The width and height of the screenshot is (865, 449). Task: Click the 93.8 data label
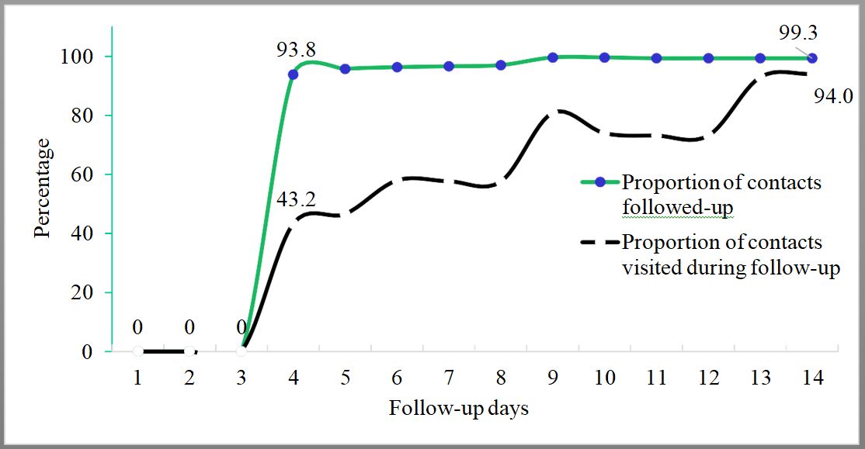(296, 50)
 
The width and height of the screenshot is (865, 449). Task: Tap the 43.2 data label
(296, 200)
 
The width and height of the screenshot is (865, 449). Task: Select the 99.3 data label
(797, 33)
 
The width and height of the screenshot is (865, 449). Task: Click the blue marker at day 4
(293, 74)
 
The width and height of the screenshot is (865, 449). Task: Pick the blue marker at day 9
(553, 57)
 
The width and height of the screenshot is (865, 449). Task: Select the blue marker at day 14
(812, 58)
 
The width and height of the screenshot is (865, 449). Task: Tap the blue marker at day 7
(449, 67)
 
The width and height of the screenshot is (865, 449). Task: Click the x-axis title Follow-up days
(458, 409)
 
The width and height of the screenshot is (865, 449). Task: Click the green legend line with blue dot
(599, 183)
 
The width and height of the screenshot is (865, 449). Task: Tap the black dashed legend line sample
(599, 243)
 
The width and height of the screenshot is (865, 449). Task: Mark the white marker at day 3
(241, 351)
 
